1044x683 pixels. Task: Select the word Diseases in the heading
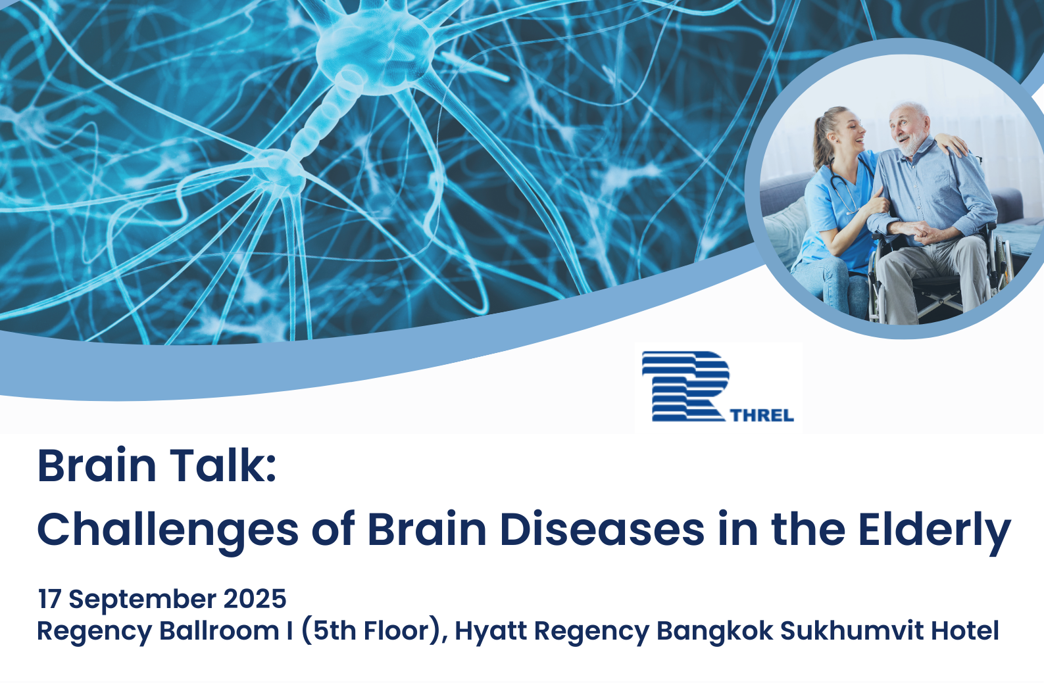tap(602, 529)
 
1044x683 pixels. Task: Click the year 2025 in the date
tap(255, 599)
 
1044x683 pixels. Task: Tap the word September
tap(143, 601)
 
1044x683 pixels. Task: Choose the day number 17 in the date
tap(49, 599)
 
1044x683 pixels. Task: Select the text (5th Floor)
tap(374, 632)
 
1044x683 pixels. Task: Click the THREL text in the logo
tap(762, 415)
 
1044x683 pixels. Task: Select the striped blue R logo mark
tap(685, 386)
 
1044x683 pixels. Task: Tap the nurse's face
tap(848, 132)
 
